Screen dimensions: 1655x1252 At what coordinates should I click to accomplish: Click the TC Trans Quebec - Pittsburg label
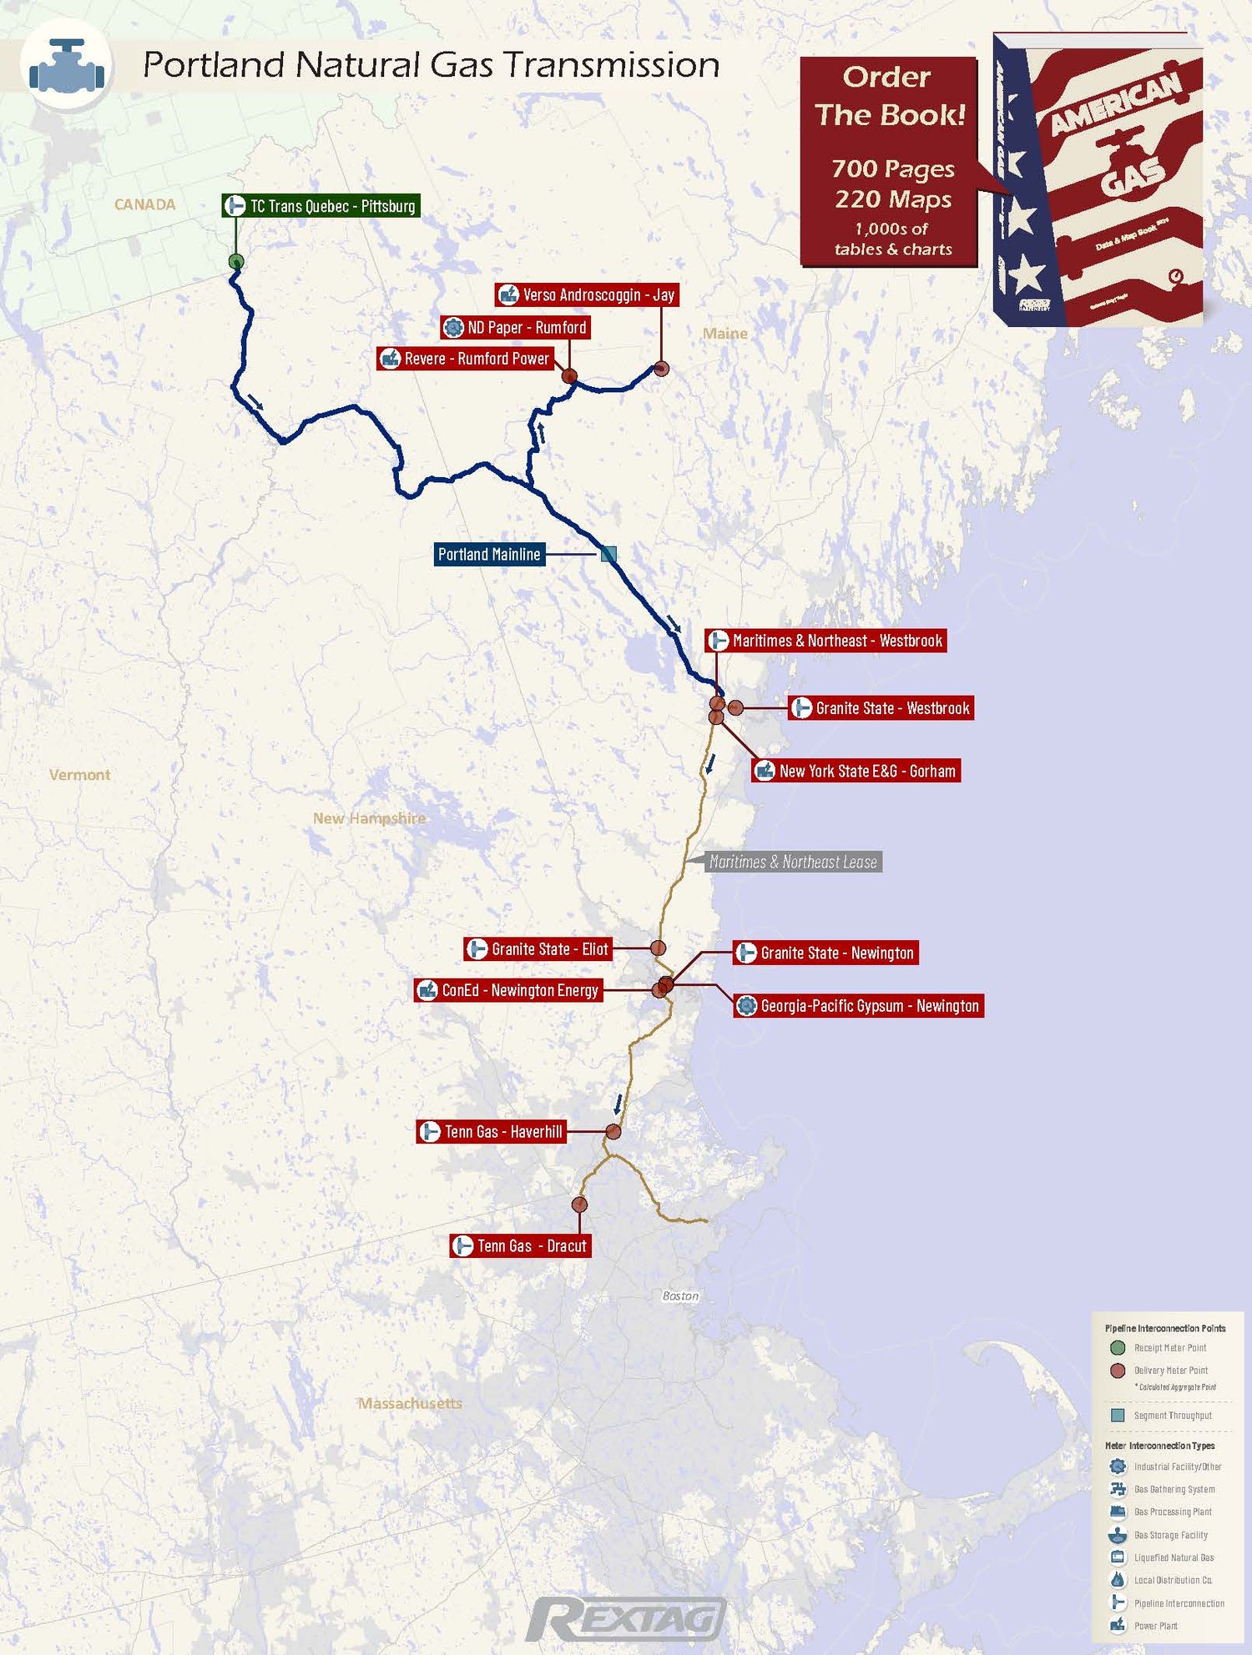point(321,206)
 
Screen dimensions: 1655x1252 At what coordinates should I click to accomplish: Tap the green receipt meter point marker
point(236,262)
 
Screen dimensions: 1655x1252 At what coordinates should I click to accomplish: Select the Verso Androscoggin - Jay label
point(587,294)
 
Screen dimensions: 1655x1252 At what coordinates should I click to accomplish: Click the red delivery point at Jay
point(661,368)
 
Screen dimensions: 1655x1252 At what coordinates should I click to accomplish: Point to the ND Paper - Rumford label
point(515,327)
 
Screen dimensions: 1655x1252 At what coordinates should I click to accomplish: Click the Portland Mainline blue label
point(489,554)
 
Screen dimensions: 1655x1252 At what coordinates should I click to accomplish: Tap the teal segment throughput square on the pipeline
point(608,554)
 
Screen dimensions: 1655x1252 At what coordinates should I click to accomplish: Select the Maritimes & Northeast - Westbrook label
point(825,641)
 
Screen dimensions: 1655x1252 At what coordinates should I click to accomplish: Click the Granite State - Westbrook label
point(881,708)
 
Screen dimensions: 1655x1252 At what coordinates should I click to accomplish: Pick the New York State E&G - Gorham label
point(856,771)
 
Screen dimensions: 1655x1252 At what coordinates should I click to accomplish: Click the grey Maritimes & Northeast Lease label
point(792,862)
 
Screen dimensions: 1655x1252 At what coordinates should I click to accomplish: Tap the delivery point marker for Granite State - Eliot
point(658,948)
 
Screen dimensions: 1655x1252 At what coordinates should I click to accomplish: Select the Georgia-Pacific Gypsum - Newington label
point(858,1006)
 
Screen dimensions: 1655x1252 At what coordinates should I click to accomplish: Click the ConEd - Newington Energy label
point(508,990)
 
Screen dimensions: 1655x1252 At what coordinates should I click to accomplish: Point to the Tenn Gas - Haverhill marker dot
point(613,1132)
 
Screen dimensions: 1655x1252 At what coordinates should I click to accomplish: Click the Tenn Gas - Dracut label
point(520,1245)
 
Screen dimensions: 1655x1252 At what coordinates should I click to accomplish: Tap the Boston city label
point(680,1295)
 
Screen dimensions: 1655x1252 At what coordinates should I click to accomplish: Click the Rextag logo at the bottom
point(626,1619)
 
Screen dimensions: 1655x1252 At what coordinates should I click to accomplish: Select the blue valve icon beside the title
point(67,67)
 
